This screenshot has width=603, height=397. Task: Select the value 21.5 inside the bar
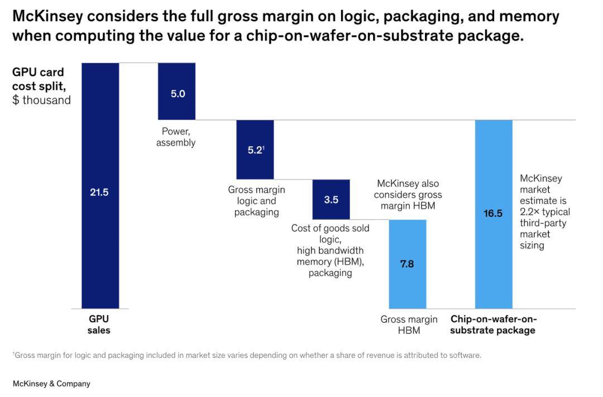99,193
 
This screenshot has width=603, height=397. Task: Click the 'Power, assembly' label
176,137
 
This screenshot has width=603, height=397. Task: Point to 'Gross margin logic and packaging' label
256,200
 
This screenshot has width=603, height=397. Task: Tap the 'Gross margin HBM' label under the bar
409,325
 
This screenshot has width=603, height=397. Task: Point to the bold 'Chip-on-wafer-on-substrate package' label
493,325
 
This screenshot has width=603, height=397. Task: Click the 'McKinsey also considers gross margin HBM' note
408,194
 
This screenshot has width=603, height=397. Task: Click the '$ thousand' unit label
42,101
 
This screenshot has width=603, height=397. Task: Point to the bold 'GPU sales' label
99,324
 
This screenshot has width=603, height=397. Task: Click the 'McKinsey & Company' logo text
51,384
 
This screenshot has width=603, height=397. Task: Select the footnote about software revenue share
246,355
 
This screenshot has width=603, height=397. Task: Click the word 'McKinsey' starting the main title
46,16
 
